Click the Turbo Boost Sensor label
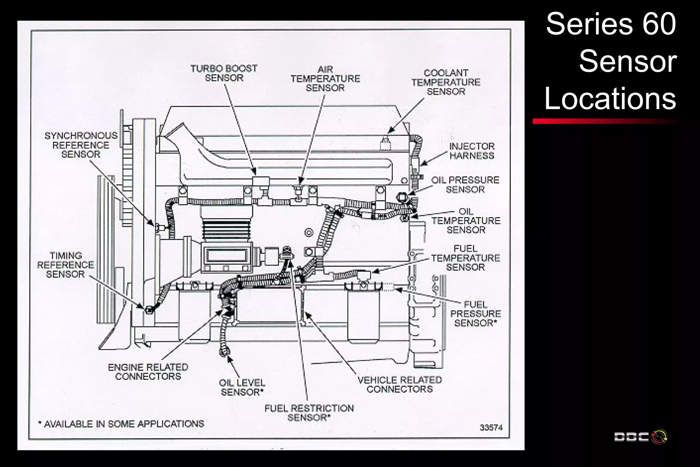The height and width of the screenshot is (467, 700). (224, 73)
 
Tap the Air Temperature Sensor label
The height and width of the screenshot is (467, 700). (325, 79)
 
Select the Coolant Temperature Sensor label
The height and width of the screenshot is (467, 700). (446, 82)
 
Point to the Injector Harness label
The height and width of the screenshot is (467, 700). (472, 151)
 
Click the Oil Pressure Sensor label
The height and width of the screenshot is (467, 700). (465, 185)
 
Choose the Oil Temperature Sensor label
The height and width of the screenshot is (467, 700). (466, 221)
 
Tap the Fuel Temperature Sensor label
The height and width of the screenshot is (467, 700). (465, 258)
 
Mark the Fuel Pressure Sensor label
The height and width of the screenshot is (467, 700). (475, 314)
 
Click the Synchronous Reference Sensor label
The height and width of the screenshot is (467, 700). (81, 145)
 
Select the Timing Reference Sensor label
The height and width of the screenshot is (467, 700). (65, 265)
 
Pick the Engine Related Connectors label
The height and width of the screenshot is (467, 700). (148, 372)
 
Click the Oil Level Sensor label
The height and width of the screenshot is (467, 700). (242, 387)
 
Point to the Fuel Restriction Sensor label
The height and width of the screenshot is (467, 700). (309, 413)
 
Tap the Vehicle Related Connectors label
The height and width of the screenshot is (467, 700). (400, 385)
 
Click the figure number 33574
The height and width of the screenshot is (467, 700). (491, 428)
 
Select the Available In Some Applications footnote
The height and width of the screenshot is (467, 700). (121, 424)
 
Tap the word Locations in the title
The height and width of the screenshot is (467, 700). (610, 98)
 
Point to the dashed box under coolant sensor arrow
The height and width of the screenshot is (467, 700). (386, 145)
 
